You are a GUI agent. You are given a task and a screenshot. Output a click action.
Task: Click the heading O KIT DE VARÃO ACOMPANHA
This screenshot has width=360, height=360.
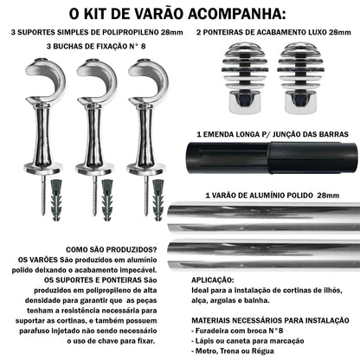[x=180, y=14]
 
